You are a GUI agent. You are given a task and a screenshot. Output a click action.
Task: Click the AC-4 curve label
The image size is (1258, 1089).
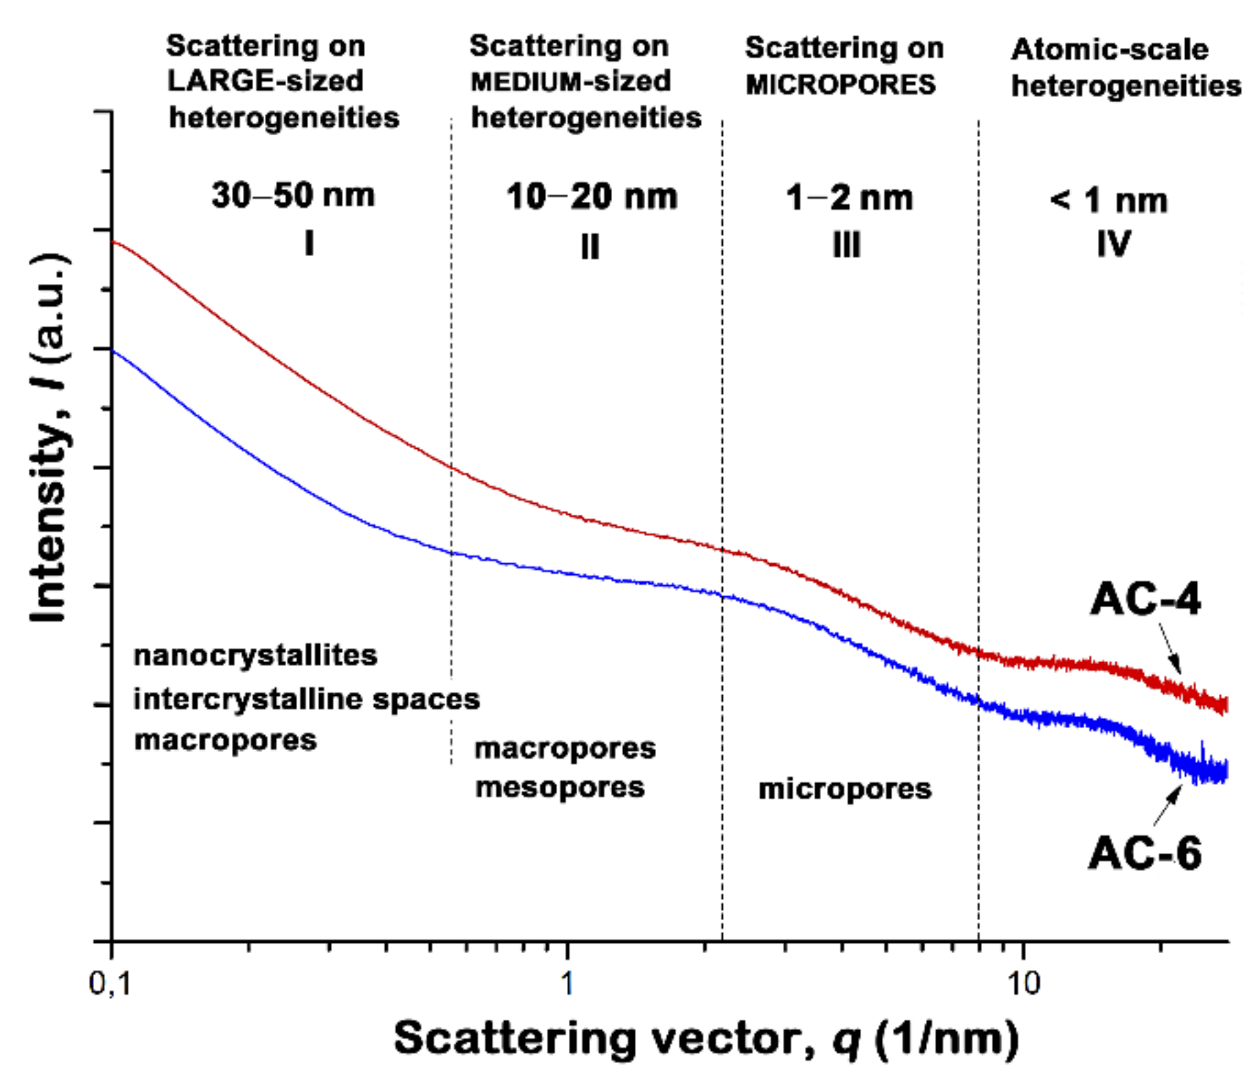pos(1145,599)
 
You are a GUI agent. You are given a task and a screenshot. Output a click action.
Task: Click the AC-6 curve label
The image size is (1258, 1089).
pos(1145,854)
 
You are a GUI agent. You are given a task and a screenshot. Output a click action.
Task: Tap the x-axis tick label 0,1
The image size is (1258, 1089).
pos(110,984)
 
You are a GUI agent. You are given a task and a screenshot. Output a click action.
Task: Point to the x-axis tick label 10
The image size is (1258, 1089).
pos(1023,984)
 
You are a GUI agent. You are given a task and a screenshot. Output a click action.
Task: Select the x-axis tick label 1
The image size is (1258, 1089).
pos(567,984)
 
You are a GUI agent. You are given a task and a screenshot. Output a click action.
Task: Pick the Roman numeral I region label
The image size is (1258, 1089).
pos(310,243)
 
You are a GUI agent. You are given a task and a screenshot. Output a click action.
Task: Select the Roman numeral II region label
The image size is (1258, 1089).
pos(590,246)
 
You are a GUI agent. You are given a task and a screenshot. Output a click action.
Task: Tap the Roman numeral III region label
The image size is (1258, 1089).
pos(847,245)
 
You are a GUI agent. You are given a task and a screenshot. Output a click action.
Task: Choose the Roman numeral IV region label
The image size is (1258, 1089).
pos(1113,244)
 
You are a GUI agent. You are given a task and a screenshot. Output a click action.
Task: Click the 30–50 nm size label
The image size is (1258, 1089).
pos(293,196)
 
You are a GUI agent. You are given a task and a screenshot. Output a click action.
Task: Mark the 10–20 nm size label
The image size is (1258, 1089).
pos(592,197)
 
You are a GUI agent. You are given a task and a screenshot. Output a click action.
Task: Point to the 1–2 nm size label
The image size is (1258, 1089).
pos(849,198)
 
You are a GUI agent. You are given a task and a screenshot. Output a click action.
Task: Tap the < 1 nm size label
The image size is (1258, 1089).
pos(1108,201)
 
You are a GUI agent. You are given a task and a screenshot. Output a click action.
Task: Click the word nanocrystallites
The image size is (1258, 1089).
pos(255,655)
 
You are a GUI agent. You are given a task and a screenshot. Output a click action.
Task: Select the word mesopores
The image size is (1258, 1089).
pos(560,787)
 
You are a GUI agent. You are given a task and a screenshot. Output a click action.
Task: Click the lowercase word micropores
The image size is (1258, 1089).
pos(845,789)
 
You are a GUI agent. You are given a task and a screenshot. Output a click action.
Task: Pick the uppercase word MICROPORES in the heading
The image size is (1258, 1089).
pos(841,85)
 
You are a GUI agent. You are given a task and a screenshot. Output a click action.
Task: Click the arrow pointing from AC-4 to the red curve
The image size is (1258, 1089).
pos(1170,648)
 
